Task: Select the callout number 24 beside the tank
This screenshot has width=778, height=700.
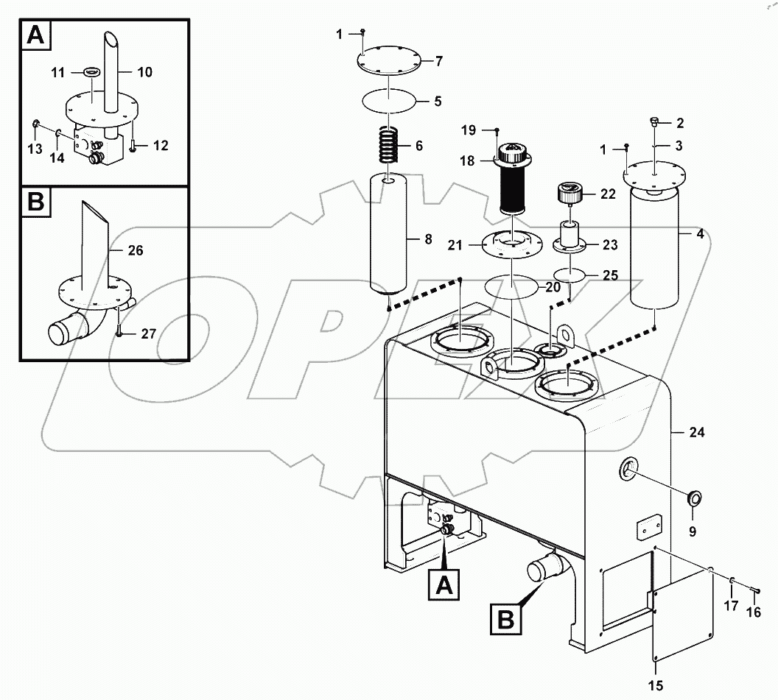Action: tap(697, 433)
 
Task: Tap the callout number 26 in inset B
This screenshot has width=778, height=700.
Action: tap(135, 250)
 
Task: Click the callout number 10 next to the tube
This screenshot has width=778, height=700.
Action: tap(144, 72)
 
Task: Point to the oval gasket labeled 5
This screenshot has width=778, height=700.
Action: tap(390, 100)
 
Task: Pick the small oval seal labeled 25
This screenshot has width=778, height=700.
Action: tap(570, 275)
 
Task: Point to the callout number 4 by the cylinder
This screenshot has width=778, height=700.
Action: tap(700, 234)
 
